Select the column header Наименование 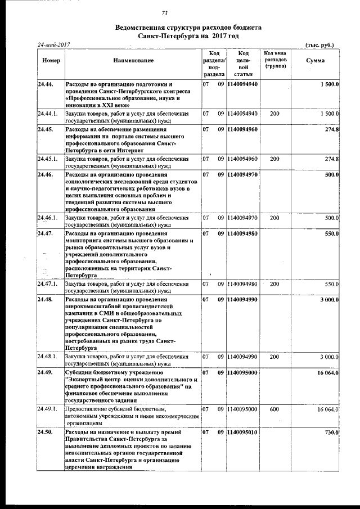pyautogui.click(x=133, y=60)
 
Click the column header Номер pyautogui.click(x=51, y=60)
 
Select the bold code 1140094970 pyautogui.click(x=243, y=175)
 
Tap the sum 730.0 pyautogui.click(x=329, y=432)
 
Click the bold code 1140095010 pyautogui.click(x=243, y=432)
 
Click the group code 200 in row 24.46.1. pyautogui.click(x=274, y=217)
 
